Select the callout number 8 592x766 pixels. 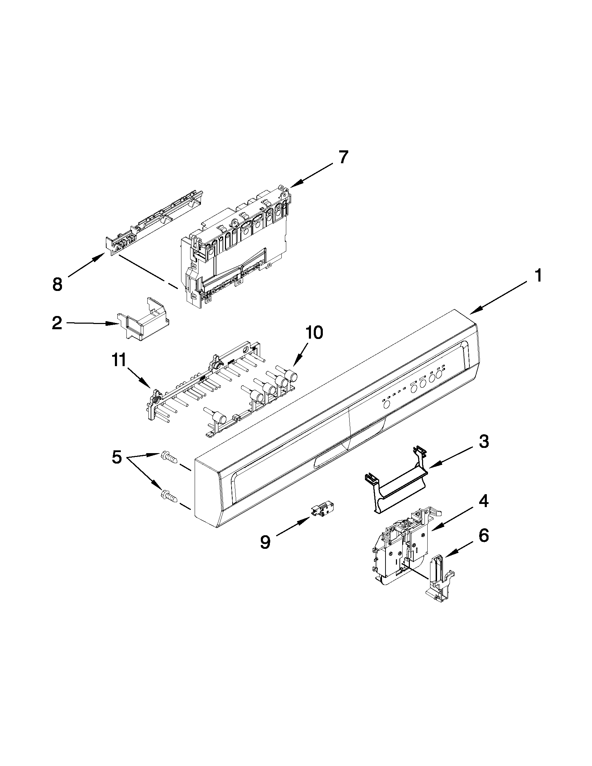coord(57,284)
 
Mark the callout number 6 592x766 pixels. coord(484,536)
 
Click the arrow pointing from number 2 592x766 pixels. coord(91,323)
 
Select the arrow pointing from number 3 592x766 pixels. coord(453,457)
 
